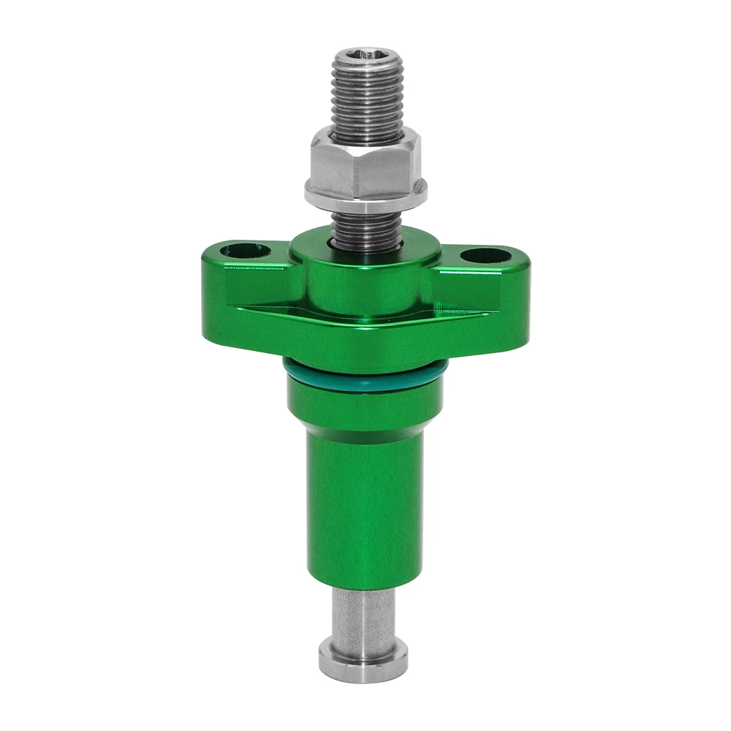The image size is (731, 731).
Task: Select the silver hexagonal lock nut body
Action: coord(365,164)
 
